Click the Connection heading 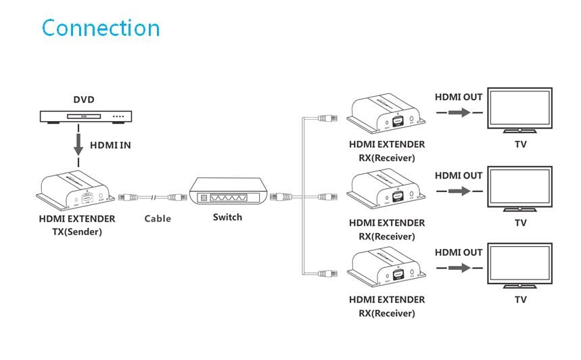pos(101,28)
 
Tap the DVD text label pos(84,99)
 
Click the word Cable pos(158,219)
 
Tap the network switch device pos(227,192)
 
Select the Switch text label pos(227,217)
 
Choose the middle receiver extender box pos(387,192)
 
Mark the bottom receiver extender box pos(387,270)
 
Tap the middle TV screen pos(521,189)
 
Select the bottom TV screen pos(521,266)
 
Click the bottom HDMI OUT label pos(459,252)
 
